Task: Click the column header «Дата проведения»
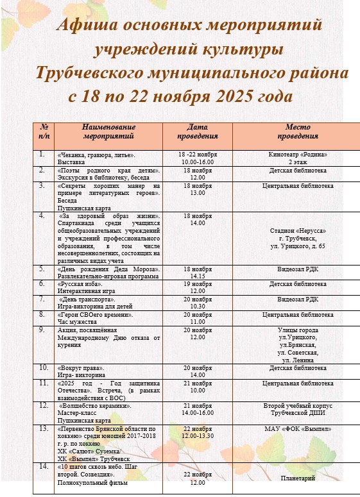point(197,131)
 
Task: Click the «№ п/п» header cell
point(44,131)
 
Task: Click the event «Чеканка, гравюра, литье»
point(96,155)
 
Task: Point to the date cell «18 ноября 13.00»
point(197,189)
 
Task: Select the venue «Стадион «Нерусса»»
point(298,231)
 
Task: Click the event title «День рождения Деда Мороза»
point(106,269)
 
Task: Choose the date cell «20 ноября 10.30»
point(197,302)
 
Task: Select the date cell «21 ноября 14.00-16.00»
point(197,410)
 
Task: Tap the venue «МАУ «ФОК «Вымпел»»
point(298,428)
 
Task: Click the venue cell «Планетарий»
point(298,478)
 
